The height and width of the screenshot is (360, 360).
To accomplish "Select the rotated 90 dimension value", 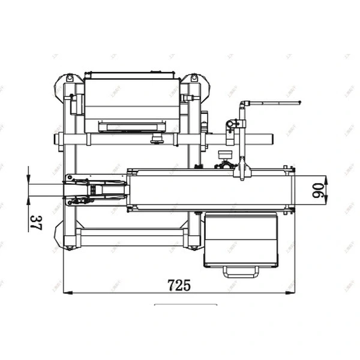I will [x=319, y=190].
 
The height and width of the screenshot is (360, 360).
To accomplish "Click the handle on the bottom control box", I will [x=241, y=272].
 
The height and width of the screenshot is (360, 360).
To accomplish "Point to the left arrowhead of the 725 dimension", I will [x=66, y=293].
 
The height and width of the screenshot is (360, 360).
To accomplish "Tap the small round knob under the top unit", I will [x=157, y=139].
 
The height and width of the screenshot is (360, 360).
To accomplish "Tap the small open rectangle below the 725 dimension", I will [x=185, y=306].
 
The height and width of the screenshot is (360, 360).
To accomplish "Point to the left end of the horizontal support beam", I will [x=58, y=139].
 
